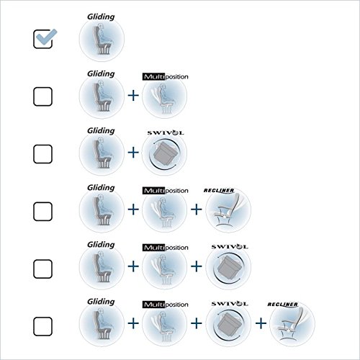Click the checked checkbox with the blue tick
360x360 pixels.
pyautogui.click(x=43, y=39)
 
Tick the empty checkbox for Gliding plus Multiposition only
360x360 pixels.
pyautogui.click(x=42, y=96)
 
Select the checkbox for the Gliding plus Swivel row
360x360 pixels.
pyautogui.click(x=42, y=154)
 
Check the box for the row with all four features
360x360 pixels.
pyautogui.click(x=42, y=326)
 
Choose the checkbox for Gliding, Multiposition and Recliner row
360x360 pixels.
pyautogui.click(x=42, y=211)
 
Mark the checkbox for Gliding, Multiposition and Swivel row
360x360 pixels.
pyautogui.click(x=42, y=269)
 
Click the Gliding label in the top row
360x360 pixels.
pyautogui.click(x=101, y=17)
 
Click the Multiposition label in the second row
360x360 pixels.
pyautogui.click(x=166, y=77)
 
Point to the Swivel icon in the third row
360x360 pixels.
pyautogui.click(x=165, y=153)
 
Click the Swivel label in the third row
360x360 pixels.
pyautogui.click(x=166, y=132)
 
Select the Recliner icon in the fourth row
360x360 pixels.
pyautogui.click(x=228, y=210)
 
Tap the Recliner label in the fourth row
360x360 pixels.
pyautogui.click(x=219, y=191)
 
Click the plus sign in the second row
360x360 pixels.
pyautogui.click(x=133, y=96)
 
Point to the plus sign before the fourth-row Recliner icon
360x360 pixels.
pyautogui.click(x=197, y=210)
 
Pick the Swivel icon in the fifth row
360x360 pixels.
pyautogui.click(x=228, y=267)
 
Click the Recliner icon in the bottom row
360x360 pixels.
pyautogui.click(x=292, y=324)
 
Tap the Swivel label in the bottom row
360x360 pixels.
pyautogui.click(x=230, y=304)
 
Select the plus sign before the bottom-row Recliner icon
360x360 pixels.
pyautogui.click(x=261, y=323)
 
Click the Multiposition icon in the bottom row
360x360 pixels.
pyautogui.click(x=165, y=324)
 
